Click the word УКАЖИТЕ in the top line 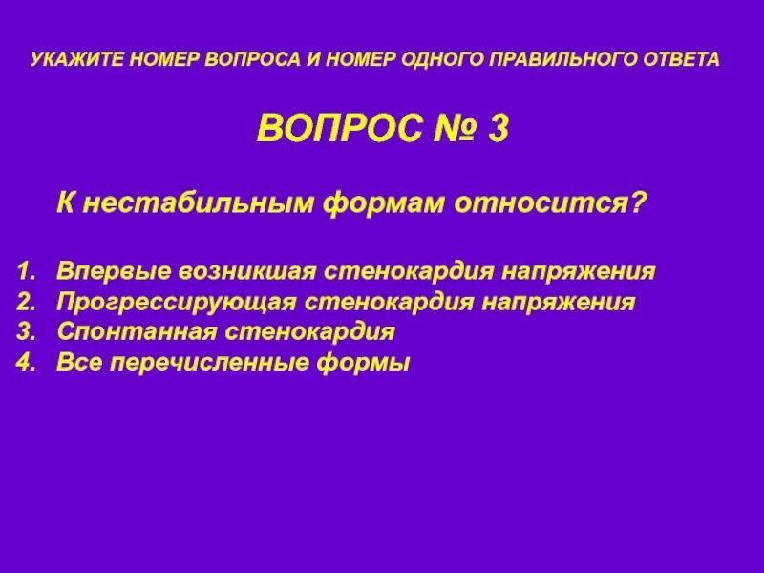(72, 59)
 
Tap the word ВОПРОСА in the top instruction (254, 59)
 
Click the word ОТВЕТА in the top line (681, 59)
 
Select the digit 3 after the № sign (498, 127)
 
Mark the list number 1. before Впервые (26, 270)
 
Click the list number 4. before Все (26, 363)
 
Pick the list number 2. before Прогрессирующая (26, 302)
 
